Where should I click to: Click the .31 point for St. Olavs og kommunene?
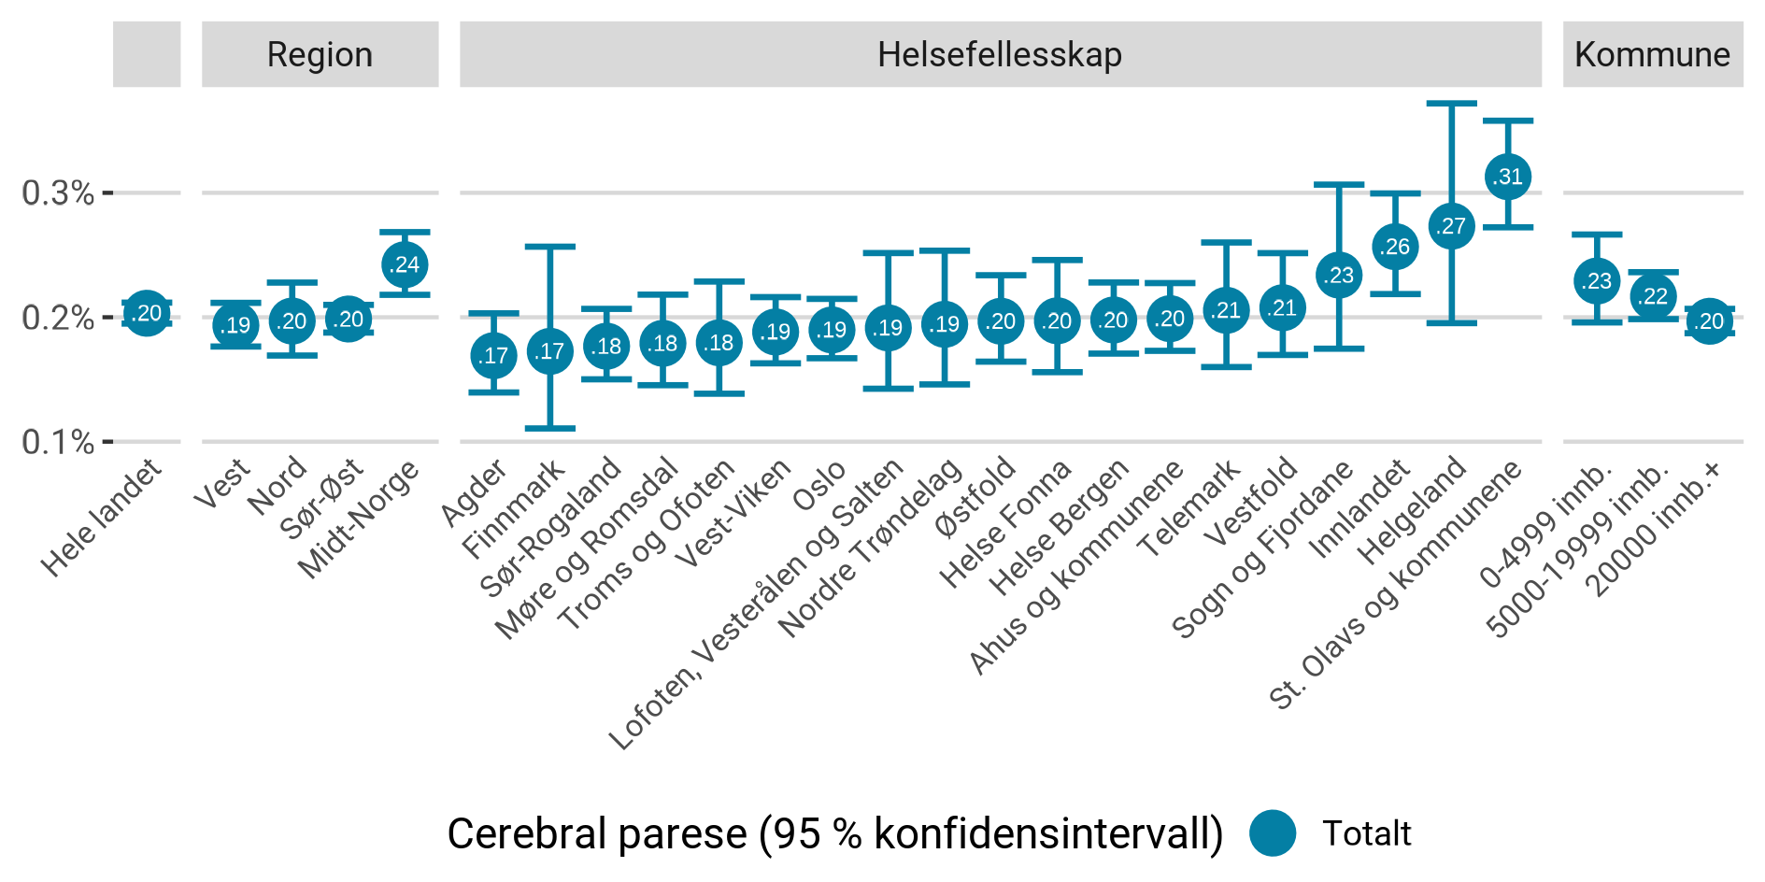point(1507,177)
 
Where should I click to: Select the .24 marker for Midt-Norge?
point(405,264)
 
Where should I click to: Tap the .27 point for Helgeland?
point(1451,226)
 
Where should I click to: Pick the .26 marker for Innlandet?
point(1395,247)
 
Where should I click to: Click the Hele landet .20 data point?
point(147,313)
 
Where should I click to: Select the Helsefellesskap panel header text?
point(999,55)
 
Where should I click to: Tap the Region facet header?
point(320,55)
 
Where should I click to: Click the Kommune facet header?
point(1651,55)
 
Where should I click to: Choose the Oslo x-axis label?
point(819,486)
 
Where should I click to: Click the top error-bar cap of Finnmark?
point(550,247)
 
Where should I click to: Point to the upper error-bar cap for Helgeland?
point(1451,103)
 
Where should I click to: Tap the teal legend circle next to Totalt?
point(1272,832)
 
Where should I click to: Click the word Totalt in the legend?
point(1366,833)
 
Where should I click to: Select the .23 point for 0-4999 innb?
point(1597,280)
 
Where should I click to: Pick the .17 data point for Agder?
point(493,355)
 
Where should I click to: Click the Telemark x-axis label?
point(1189,509)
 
